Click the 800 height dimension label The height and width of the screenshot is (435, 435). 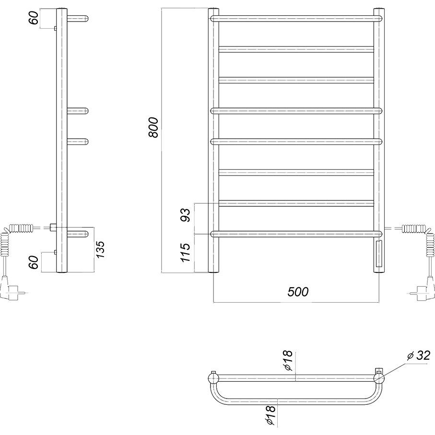click(153, 128)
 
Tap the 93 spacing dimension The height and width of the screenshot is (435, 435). click(186, 215)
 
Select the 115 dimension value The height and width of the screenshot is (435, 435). click(186, 252)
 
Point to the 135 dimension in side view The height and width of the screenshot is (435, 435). click(100, 250)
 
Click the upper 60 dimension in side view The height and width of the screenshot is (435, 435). click(34, 18)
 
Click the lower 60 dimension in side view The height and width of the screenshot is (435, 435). click(34, 262)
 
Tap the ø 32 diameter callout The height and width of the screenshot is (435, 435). click(419, 356)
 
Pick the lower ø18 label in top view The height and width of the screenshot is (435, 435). click(271, 419)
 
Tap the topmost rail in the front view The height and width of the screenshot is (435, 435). click(296, 19)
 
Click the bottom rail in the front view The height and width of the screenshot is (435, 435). click(296, 234)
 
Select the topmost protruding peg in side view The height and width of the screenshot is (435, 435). click(78, 19)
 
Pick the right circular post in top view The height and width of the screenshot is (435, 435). click(379, 378)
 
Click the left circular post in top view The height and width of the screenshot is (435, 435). click(213, 378)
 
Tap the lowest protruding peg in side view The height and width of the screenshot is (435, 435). click(78, 234)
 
